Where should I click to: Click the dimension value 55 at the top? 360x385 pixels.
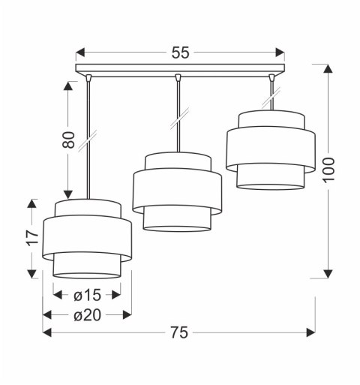click(x=180, y=53)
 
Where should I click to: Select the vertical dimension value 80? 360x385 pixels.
click(x=69, y=140)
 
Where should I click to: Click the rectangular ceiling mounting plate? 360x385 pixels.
click(x=180, y=70)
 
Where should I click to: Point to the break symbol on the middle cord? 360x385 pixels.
click(x=178, y=118)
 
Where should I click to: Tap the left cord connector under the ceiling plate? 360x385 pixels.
click(x=88, y=77)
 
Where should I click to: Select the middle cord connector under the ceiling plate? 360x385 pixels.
click(x=178, y=77)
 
